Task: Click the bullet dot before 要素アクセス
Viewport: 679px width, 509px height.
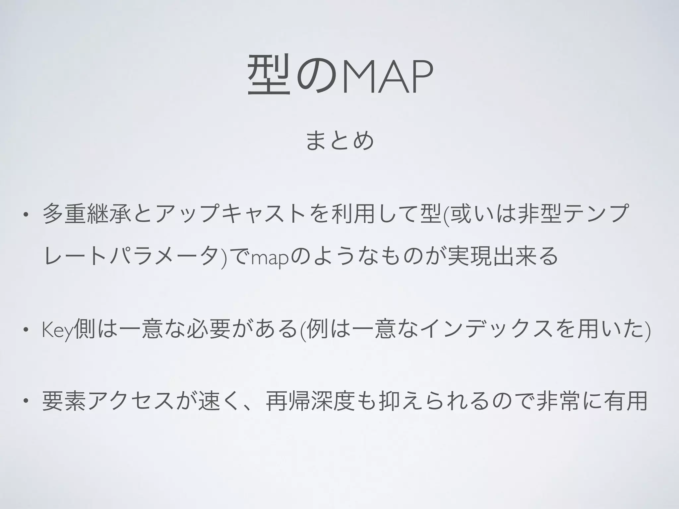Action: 25,402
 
